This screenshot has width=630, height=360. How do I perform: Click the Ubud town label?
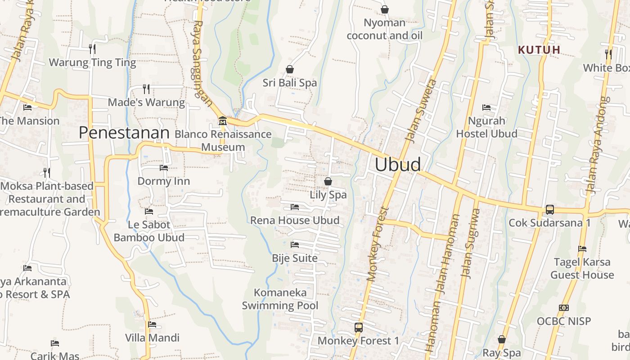tap(398, 165)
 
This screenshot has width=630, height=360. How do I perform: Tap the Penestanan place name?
tap(124, 133)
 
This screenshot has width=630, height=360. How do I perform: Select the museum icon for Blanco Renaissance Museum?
tap(222, 121)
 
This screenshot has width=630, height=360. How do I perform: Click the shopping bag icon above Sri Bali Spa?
tap(290, 69)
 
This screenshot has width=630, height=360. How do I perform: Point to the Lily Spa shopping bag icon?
tap(328, 181)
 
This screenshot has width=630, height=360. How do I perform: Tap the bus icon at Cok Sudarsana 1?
tap(549, 209)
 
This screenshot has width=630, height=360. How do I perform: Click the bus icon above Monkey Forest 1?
tap(358, 327)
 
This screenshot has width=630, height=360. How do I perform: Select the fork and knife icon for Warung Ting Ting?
tap(92, 49)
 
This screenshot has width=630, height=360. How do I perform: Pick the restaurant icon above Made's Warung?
tap(146, 89)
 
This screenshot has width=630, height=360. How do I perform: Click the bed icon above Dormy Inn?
tap(164, 168)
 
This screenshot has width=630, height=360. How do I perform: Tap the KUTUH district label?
tap(539, 50)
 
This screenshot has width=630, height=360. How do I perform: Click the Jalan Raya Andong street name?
tap(598, 145)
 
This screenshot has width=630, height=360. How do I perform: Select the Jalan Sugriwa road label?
tap(471, 243)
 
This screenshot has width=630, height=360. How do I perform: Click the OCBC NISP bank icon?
tap(563, 308)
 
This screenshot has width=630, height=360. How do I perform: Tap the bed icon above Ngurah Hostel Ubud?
tap(486, 108)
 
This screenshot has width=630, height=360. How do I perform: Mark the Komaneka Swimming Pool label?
tap(280, 299)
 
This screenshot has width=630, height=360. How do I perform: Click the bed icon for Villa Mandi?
tap(152, 324)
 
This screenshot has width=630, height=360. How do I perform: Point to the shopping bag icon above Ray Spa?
tap(502, 339)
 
